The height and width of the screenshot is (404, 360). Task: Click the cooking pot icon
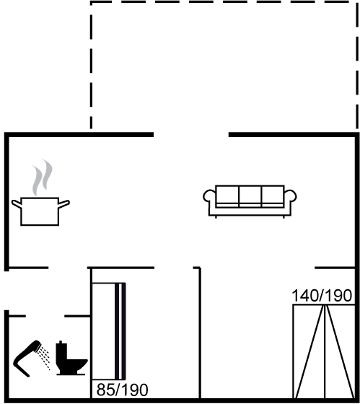(x=40, y=211)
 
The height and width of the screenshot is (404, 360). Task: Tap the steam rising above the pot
(x=42, y=177)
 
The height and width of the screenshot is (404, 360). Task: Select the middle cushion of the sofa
(x=250, y=195)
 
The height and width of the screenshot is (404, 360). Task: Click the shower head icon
(x=26, y=358)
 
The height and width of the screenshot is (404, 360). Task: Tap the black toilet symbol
(x=71, y=358)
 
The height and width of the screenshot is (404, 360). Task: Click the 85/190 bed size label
(x=122, y=390)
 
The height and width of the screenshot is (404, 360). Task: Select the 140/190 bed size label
(x=322, y=296)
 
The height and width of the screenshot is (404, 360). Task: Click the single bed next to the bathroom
(x=108, y=331)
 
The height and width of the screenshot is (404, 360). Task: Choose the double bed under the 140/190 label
(x=324, y=351)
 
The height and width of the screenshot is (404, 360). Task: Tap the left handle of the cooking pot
(x=17, y=203)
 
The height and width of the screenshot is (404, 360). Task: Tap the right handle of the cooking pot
(x=64, y=203)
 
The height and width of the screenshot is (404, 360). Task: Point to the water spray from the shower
(x=44, y=359)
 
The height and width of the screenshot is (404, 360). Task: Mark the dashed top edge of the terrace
(x=224, y=1)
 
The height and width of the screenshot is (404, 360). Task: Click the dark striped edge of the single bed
(x=120, y=331)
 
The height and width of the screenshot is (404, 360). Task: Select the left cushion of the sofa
(x=227, y=195)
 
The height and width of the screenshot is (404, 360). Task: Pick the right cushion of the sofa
(x=273, y=195)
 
